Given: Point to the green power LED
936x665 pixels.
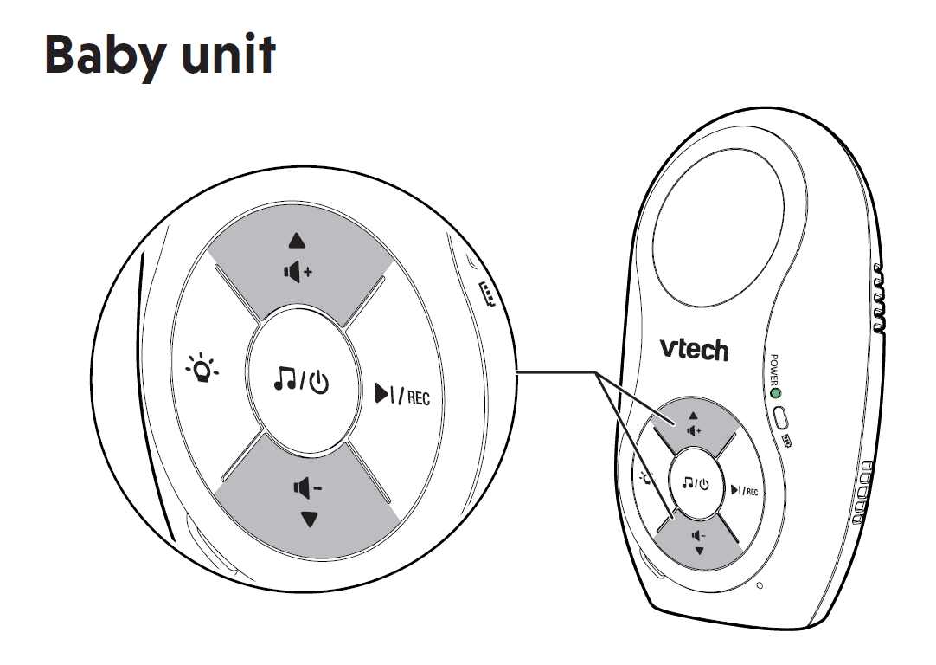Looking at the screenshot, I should [775, 395].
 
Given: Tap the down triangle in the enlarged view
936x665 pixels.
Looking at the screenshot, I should [309, 520].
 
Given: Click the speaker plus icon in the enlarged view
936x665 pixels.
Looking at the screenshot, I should [298, 272].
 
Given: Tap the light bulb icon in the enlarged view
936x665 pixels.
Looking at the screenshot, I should [204, 371].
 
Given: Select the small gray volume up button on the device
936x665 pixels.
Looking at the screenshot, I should [692, 423].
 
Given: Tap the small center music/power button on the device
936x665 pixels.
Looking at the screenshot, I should [695, 483].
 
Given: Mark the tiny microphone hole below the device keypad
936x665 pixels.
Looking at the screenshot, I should [760, 586].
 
